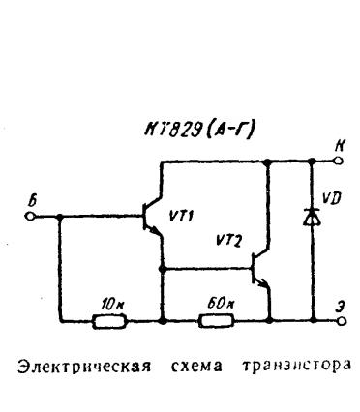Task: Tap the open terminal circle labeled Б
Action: [x=30, y=216]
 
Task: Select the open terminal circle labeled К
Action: [x=338, y=161]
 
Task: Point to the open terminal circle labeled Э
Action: [x=343, y=321]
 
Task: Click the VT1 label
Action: [x=181, y=216]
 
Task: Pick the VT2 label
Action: [x=228, y=240]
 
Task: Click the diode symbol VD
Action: [x=312, y=217]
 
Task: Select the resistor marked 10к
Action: [x=109, y=321]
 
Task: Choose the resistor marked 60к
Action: [x=216, y=321]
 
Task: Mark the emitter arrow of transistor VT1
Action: [x=154, y=231]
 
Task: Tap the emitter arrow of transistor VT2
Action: [x=263, y=282]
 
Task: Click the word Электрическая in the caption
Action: [x=84, y=368]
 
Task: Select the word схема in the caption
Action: [x=196, y=367]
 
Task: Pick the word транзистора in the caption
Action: [x=296, y=367]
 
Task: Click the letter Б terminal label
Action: [x=32, y=201]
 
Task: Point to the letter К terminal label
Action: [x=339, y=146]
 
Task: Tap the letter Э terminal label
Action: [x=339, y=307]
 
